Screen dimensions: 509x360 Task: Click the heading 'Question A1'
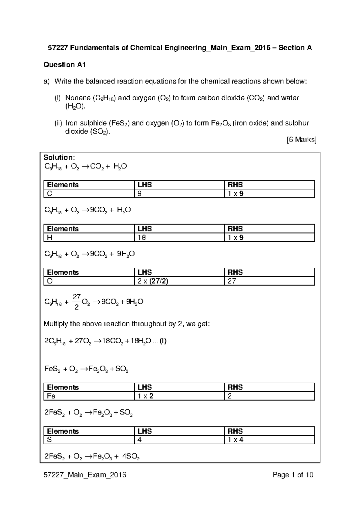64,65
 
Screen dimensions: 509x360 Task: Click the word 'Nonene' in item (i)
78,98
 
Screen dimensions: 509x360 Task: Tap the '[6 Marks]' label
301,140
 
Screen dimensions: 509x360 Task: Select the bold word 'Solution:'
59,158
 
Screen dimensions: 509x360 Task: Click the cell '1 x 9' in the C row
235,194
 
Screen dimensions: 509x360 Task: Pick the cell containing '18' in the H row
142,238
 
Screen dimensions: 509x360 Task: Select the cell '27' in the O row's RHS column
232,281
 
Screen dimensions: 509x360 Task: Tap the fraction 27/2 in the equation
76,302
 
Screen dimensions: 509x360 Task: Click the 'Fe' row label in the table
51,396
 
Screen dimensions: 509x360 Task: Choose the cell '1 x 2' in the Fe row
145,396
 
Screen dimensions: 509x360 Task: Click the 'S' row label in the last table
49,440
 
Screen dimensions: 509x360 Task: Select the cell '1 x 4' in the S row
235,440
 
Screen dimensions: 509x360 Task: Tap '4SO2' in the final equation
131,457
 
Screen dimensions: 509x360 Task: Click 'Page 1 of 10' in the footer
293,475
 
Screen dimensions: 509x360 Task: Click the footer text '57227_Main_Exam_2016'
85,475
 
